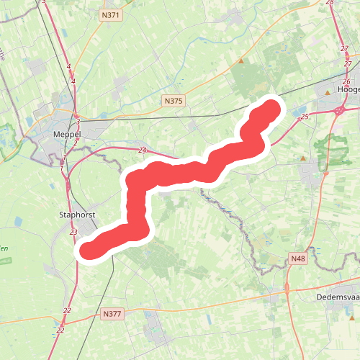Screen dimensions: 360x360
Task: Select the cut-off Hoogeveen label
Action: [348, 89]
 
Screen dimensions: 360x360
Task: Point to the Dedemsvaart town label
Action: [337, 297]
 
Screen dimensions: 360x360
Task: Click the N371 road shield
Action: [110, 14]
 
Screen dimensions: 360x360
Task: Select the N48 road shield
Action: [299, 258]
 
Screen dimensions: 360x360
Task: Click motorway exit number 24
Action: [143, 150]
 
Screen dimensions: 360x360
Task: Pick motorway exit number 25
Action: [305, 116]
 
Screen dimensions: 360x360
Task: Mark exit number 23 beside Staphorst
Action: [74, 232]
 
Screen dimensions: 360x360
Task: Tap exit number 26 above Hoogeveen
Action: [346, 82]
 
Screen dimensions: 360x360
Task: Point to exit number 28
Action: [330, 3]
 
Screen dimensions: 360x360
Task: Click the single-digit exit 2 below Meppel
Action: [75, 143]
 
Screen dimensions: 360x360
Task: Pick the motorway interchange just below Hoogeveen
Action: [339, 110]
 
